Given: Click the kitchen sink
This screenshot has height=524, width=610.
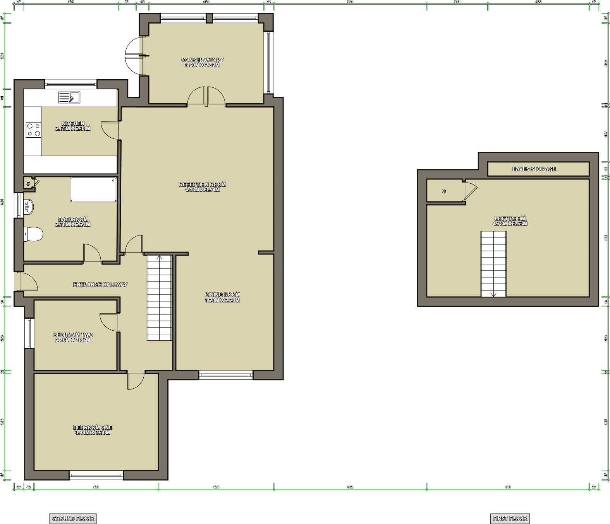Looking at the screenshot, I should click(69, 97).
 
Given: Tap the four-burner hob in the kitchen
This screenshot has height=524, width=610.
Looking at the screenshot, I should click(33, 130).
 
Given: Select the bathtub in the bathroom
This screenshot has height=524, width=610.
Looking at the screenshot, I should click(93, 189).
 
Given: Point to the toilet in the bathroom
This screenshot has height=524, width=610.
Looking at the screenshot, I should click(33, 234).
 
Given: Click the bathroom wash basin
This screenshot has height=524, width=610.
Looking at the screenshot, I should click(29, 207).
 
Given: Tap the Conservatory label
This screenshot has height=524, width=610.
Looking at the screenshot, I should click(202, 60).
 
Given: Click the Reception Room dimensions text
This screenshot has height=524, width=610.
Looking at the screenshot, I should click(202, 190).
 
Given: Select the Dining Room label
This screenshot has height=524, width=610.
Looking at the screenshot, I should click(222, 295).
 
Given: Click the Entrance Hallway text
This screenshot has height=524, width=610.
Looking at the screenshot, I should click(100, 285).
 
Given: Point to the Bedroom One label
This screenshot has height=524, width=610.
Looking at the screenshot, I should click(93, 427).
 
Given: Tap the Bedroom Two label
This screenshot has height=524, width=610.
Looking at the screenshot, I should click(73, 335).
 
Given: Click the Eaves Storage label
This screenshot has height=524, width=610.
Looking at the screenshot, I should click(534, 169).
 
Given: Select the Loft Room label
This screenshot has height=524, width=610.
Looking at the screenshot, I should click(510, 218).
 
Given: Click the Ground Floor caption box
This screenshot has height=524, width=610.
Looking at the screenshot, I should click(73, 518).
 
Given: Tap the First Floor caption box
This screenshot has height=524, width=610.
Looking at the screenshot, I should click(510, 518).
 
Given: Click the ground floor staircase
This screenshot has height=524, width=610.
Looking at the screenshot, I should click(159, 298).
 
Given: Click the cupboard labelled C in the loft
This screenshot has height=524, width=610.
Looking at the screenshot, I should click(444, 191).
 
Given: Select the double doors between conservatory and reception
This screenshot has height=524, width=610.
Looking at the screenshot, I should click(206, 97).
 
